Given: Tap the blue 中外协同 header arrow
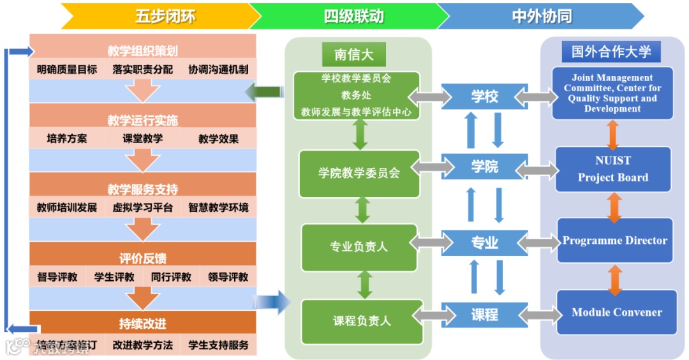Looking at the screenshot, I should (x=541, y=16).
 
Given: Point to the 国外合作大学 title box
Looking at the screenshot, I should (x=611, y=52).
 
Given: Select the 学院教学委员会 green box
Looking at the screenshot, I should (x=360, y=173).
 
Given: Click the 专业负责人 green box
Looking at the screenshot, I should (x=359, y=246).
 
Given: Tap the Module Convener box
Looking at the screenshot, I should (x=616, y=312).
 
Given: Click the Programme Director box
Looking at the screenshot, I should (x=615, y=241).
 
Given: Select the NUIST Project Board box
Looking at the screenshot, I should (x=613, y=169).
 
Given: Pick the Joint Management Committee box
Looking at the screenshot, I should (x=612, y=93).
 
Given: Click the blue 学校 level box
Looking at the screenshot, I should (x=485, y=96).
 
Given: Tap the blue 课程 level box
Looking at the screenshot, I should (x=485, y=314).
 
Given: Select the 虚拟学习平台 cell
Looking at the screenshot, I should (x=143, y=207).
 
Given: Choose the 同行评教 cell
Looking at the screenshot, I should (x=171, y=277).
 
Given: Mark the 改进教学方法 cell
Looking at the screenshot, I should (x=143, y=345).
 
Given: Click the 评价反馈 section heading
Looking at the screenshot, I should (x=143, y=259).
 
